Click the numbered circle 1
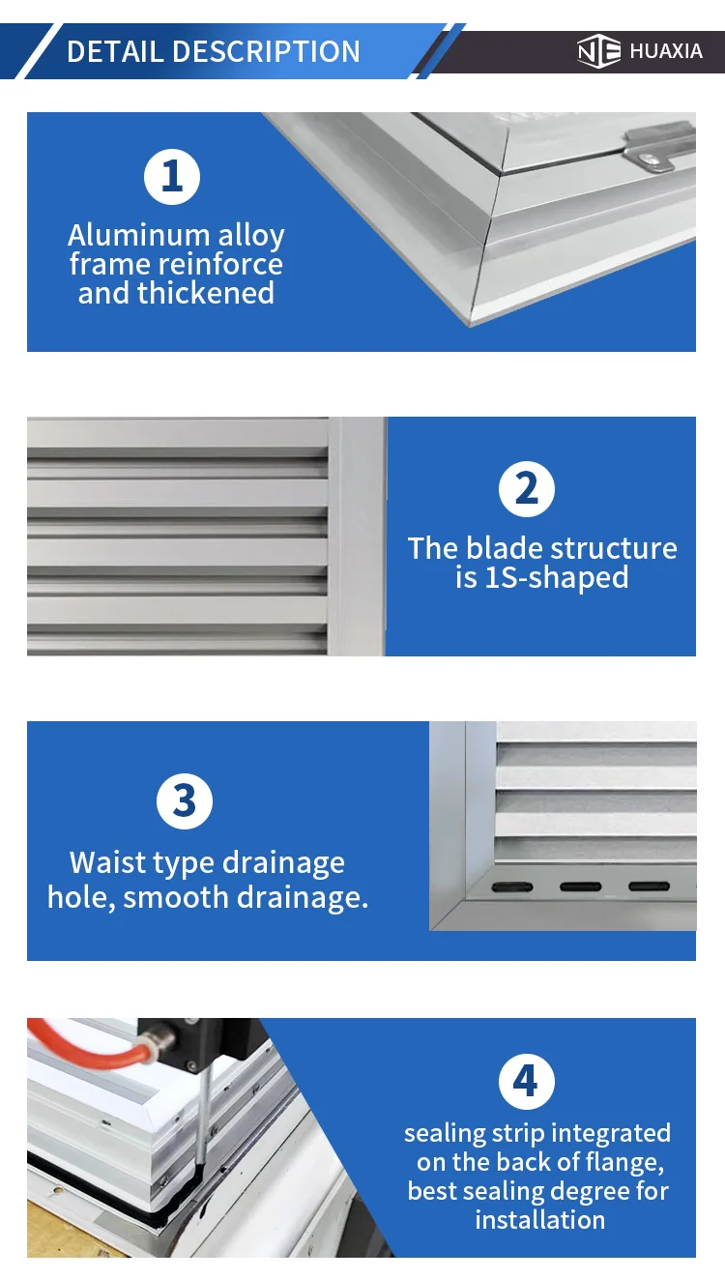click(172, 177)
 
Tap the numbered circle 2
click(526, 488)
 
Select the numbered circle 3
click(184, 800)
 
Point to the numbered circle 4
click(526, 1081)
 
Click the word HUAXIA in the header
click(666, 51)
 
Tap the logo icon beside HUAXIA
click(598, 51)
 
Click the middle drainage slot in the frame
click(580, 887)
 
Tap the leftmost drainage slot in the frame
click(512, 887)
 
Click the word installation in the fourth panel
click(539, 1219)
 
